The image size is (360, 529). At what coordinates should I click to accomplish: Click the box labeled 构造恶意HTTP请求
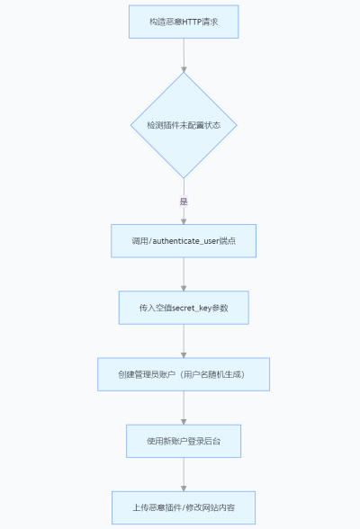[184, 21]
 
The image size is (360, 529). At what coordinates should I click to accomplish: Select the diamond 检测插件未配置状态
[184, 125]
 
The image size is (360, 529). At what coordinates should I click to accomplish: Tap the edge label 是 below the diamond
[184, 202]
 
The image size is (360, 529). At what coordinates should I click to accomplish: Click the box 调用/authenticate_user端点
[184, 241]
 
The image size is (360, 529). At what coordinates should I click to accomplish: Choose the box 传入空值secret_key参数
[184, 308]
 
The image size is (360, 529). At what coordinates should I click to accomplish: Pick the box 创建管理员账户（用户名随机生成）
[184, 374]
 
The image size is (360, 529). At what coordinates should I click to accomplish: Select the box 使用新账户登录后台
[184, 441]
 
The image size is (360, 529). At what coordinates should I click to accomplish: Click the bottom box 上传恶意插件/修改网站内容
[184, 507]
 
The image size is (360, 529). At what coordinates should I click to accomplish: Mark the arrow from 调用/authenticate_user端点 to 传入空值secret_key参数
[184, 274]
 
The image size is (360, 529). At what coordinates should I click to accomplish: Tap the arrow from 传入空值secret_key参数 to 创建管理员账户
[184, 341]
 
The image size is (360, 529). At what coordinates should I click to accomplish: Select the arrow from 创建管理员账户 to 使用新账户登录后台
[184, 408]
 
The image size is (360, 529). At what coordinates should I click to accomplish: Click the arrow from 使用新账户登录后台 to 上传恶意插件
[184, 474]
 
